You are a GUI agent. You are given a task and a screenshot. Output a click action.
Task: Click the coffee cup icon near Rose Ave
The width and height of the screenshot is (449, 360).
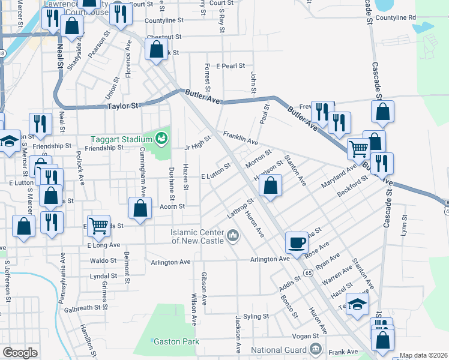[297, 243]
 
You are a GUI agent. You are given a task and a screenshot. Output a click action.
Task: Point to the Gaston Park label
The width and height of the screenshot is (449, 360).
[176, 341]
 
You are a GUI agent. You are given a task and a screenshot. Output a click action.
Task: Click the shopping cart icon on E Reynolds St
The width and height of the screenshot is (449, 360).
[98, 226]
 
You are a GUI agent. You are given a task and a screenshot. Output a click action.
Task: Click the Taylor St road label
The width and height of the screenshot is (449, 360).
[122, 106]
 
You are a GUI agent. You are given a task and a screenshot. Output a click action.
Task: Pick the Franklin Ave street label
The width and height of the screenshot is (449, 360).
[240, 139]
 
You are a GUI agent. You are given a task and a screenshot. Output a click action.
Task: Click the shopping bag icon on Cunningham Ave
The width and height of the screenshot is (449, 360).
[140, 208]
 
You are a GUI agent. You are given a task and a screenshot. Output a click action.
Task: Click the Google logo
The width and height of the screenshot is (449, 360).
[20, 353]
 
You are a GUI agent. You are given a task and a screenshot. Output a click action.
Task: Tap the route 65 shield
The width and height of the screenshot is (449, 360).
[307, 272]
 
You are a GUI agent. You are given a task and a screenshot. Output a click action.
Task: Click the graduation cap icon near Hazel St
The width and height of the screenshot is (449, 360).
[357, 304]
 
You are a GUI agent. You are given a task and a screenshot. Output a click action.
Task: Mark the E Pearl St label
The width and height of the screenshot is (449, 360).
[231, 65]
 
